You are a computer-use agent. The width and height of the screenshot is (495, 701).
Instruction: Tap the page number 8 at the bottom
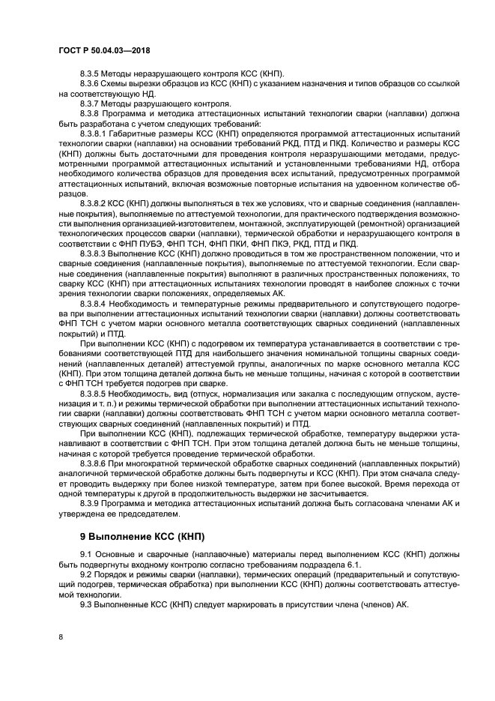pyautogui.click(x=61, y=637)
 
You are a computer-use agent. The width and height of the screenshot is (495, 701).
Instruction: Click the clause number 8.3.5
pyautogui.click(x=91, y=73)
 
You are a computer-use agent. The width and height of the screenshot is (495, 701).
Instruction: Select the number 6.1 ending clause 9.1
pyautogui.click(x=353, y=564)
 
